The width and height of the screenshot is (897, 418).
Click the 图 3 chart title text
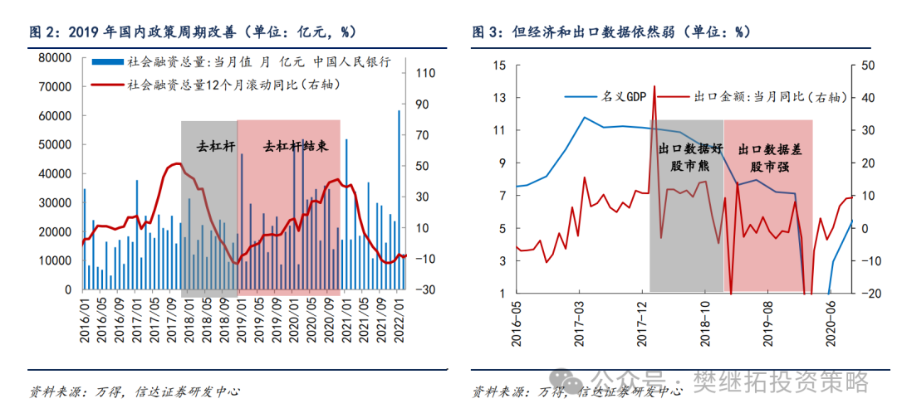coord(611,32)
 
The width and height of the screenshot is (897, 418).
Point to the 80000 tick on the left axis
coord(54,57)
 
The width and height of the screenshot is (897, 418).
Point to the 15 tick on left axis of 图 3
coord(499,66)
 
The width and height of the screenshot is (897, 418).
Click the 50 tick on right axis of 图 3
coord(869,66)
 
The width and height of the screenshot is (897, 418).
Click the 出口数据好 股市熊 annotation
coord(687,157)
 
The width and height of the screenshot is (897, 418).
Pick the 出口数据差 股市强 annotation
coord(769,157)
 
